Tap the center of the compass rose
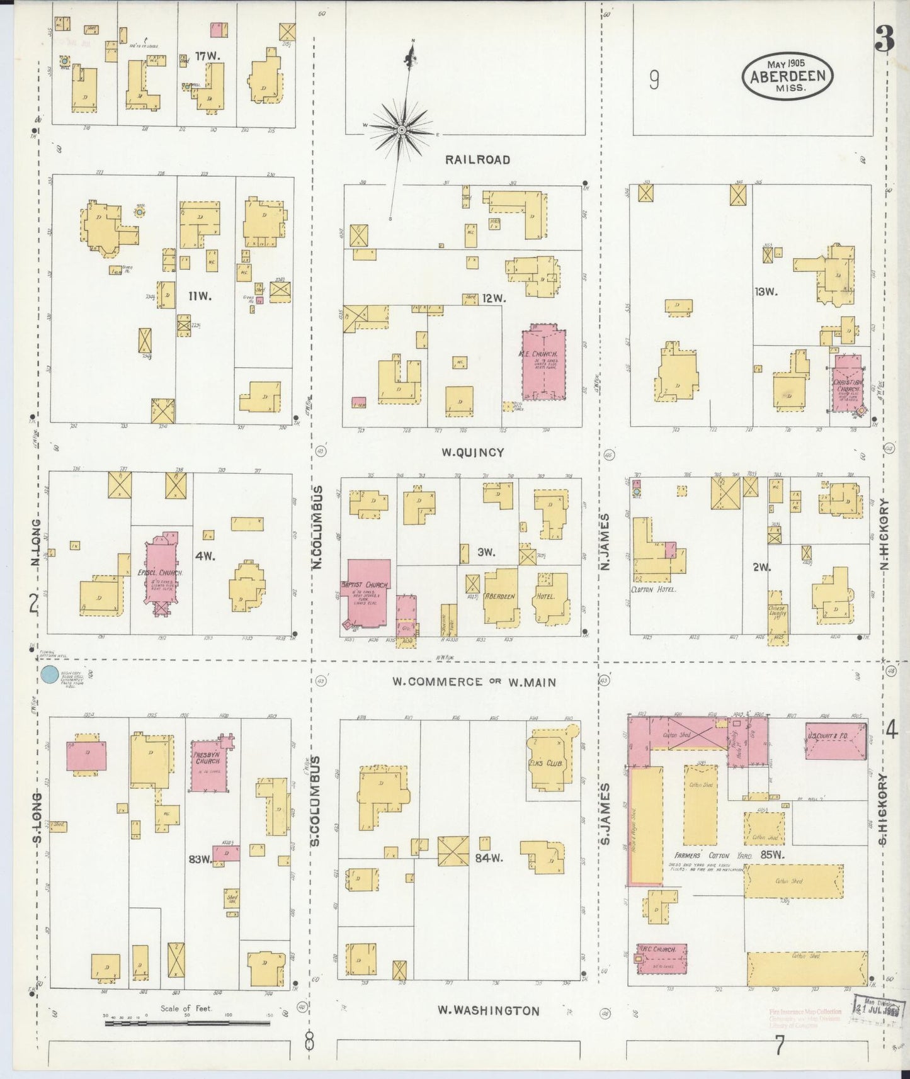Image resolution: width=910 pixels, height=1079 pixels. coord(401,130)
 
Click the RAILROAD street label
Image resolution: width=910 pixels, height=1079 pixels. coord(477,160)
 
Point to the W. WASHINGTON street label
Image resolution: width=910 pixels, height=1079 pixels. coord(489,1010)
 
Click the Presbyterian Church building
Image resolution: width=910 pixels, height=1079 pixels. coord(208,763)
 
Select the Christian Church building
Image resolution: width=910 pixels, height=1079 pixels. coord(848,383)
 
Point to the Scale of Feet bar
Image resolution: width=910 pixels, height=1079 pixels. coord(186,1024)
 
